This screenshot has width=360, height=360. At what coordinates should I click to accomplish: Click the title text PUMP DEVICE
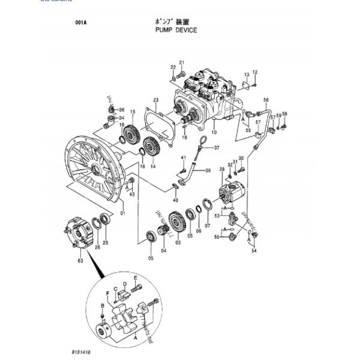pos(176,29)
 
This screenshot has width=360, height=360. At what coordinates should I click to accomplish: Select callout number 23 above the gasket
pos(155,100)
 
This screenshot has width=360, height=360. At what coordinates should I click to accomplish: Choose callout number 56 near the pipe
pos(266,100)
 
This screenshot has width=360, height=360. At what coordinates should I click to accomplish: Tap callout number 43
pos(131,193)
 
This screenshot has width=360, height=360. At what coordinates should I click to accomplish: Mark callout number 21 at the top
pos(182,62)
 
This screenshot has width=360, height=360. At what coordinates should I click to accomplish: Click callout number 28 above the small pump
pos(221,170)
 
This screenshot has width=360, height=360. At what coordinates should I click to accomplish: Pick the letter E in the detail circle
pos(136,278)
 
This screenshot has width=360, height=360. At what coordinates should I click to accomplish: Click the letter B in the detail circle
pos(103,307)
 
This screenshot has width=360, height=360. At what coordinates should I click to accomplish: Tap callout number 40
pos(175,200)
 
